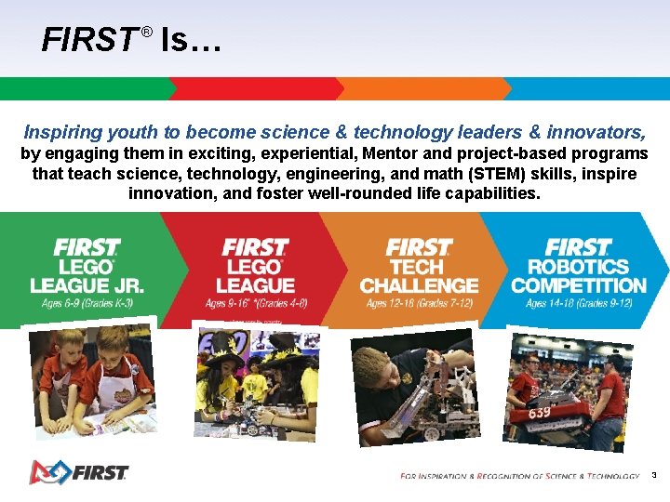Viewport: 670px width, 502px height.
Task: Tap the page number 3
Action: click(654, 475)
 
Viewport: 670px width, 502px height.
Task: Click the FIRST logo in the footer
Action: click(78, 472)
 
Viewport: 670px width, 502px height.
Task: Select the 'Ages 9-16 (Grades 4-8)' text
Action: click(257, 304)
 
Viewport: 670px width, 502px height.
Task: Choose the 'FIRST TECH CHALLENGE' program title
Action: click(419, 268)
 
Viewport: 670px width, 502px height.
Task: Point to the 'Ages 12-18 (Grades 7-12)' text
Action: click(419, 304)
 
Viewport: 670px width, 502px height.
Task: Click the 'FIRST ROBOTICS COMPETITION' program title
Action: click(578, 268)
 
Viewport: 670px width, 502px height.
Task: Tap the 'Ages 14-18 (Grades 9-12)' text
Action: click(578, 304)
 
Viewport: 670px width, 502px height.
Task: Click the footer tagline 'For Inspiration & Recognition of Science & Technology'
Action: click(519, 476)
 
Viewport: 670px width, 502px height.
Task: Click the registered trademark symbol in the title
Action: click(146, 32)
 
